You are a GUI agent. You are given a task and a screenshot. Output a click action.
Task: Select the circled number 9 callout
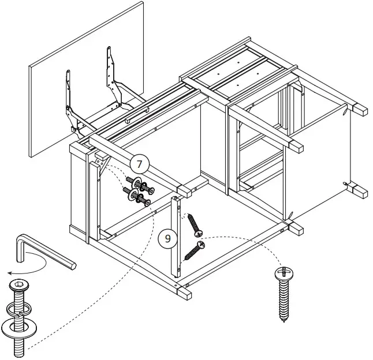167,238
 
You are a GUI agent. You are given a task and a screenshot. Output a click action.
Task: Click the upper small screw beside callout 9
194,226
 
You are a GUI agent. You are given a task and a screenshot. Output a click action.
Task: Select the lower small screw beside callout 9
194,250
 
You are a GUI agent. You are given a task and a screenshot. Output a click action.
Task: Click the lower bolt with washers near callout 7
139,200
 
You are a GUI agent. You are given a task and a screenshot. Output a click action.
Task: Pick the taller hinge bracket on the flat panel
111,72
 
